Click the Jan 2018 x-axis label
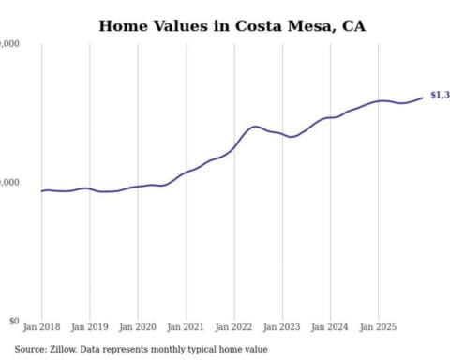[42, 327]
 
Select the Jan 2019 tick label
[90, 327]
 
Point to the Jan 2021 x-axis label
[186, 327]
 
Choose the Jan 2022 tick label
[234, 327]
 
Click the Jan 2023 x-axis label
[282, 327]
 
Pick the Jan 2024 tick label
[330, 327]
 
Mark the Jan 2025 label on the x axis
[378, 327]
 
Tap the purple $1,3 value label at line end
[439, 96]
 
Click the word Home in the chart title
[122, 25]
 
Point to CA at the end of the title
[354, 25]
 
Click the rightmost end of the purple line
[422, 97]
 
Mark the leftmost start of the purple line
[42, 190]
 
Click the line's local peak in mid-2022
[255, 126]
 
